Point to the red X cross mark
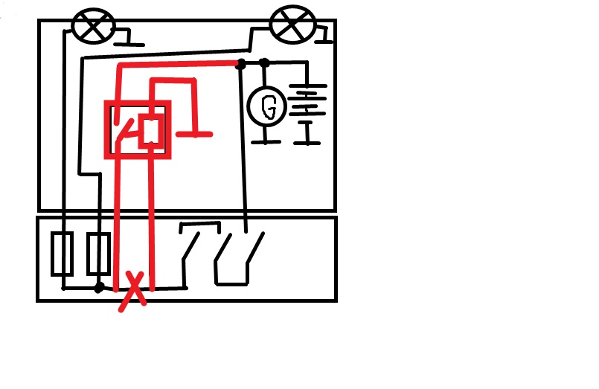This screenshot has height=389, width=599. [x=132, y=291]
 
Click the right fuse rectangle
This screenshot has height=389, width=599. [x=98, y=254]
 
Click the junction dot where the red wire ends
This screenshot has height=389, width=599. [x=240, y=64]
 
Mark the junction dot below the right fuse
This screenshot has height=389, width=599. [x=98, y=286]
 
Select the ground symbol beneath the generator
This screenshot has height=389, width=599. [x=265, y=139]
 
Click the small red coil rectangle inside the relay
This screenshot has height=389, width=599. [x=150, y=130]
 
